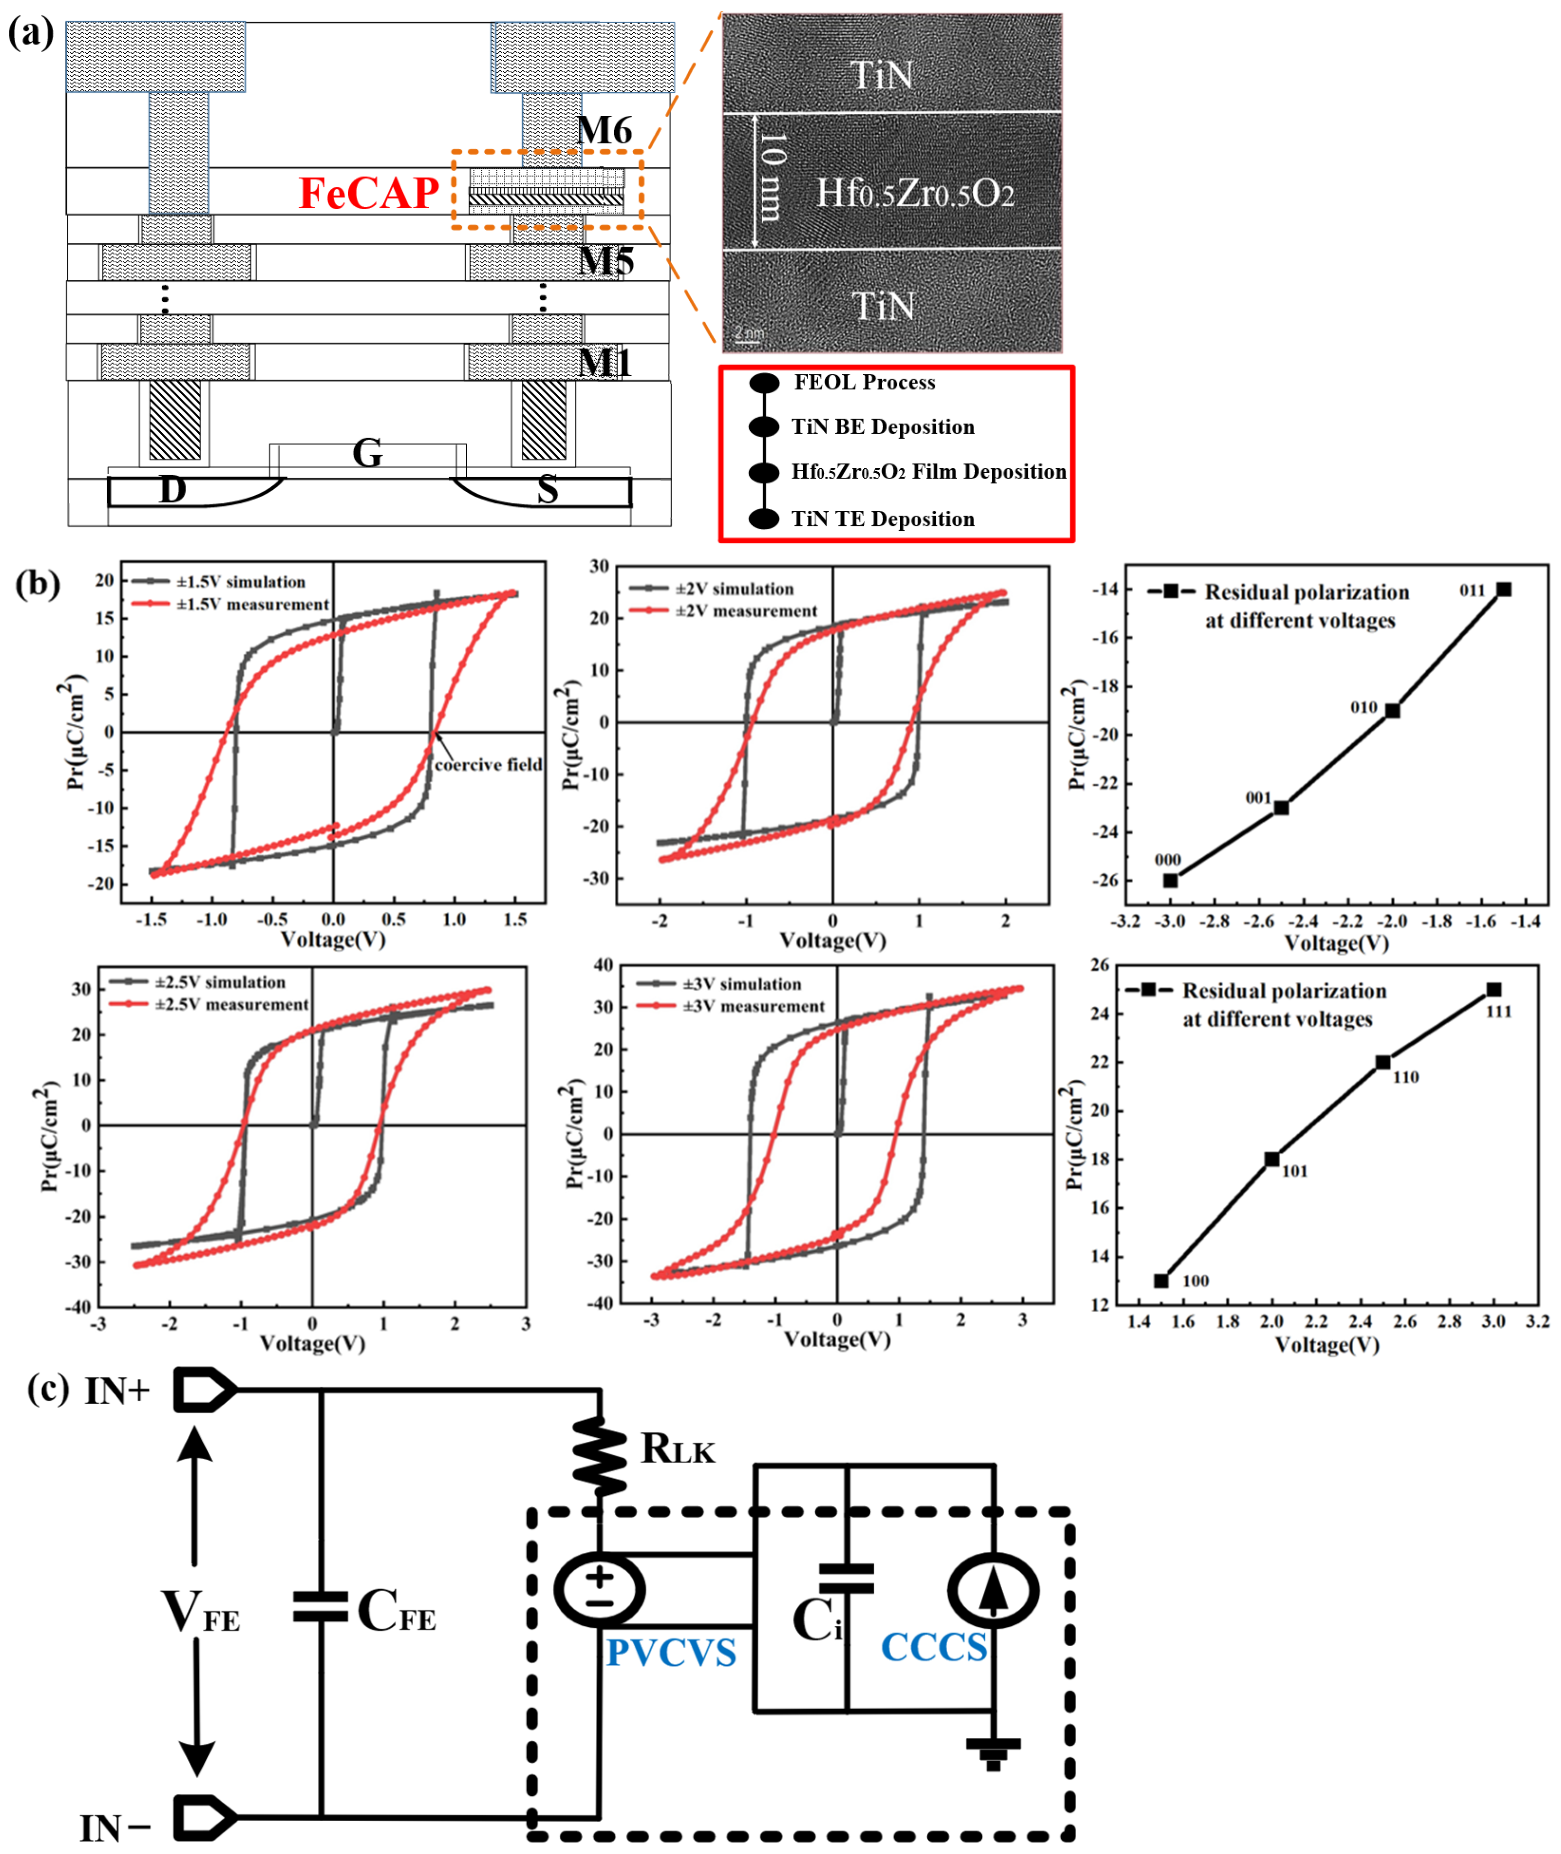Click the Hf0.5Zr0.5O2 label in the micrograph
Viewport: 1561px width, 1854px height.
pyautogui.click(x=914, y=193)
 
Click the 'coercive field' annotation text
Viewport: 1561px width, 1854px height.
pyautogui.click(x=488, y=765)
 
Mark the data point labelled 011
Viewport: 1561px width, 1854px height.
pyautogui.click(x=1503, y=589)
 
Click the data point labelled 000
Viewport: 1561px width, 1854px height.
pyautogui.click(x=1170, y=881)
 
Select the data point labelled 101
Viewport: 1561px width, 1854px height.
pyautogui.click(x=1272, y=1159)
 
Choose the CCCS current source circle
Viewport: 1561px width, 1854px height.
pyautogui.click(x=992, y=1590)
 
